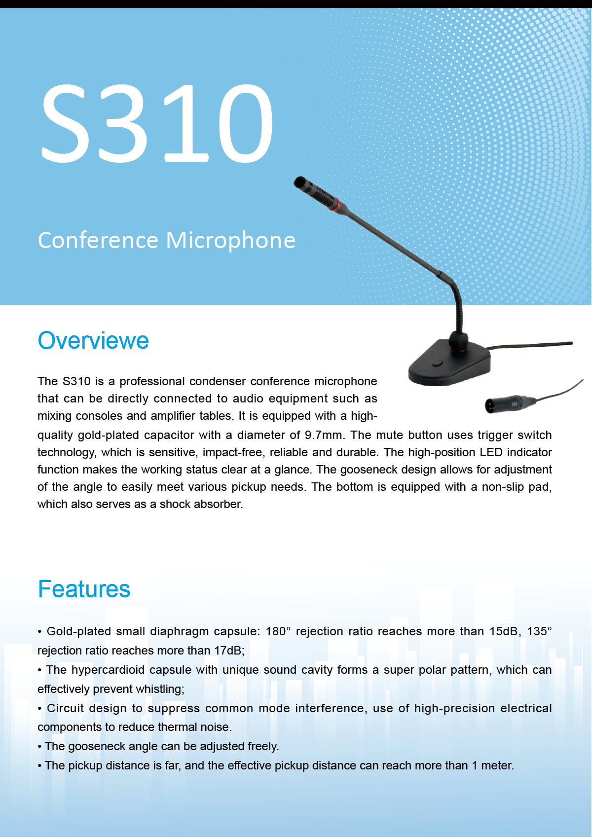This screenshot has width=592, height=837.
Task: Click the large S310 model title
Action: (x=157, y=123)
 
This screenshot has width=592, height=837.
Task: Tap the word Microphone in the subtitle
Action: (x=230, y=240)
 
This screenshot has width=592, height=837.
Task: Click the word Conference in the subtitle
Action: (x=98, y=240)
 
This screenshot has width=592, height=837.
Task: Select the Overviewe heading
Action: (x=93, y=340)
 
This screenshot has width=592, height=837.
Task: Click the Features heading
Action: (x=84, y=589)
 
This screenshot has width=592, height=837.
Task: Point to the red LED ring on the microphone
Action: (x=336, y=204)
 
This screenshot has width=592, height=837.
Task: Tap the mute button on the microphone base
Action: (x=437, y=363)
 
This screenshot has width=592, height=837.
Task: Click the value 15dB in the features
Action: (x=503, y=631)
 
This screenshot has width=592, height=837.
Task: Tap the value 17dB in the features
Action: (x=228, y=651)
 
